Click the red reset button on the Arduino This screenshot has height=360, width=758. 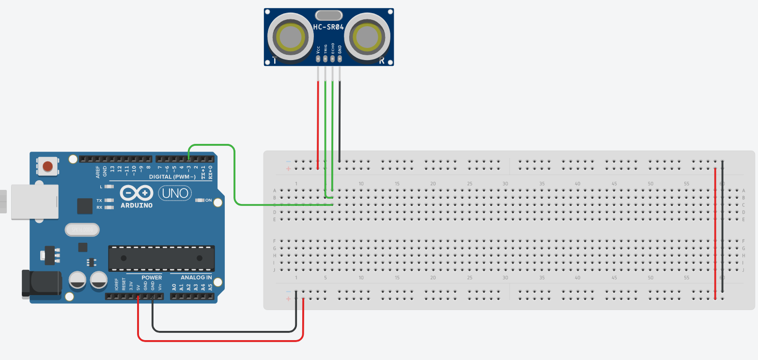click(47, 167)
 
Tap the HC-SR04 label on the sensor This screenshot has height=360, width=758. click(329, 28)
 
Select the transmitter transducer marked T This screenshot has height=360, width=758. click(290, 37)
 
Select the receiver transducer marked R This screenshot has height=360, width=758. click(368, 37)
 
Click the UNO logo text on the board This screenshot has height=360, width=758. click(171, 194)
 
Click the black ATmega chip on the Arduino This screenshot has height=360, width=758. click(161, 258)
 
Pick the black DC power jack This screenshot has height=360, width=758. click(41, 283)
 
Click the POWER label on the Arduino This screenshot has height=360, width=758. click(152, 278)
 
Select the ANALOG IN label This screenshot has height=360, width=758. click(196, 278)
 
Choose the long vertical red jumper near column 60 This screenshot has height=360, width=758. click(715, 233)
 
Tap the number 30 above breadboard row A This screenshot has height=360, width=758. click(505, 184)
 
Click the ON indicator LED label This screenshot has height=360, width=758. click(208, 200)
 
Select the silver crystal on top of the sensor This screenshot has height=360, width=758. click(329, 15)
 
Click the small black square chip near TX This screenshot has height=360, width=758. click(85, 206)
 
